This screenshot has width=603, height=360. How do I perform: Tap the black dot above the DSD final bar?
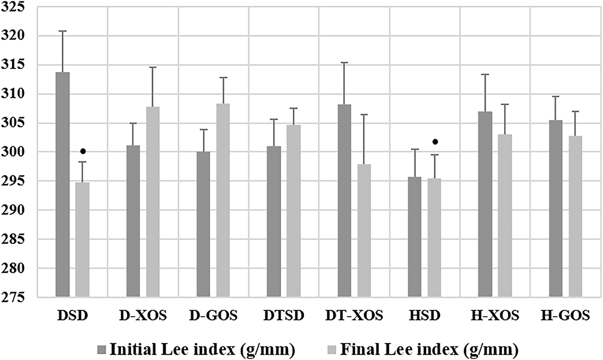(83, 151)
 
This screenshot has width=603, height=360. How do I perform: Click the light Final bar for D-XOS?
(153, 202)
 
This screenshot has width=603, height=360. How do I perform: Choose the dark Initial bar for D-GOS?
(203, 224)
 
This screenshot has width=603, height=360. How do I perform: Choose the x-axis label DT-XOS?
(354, 316)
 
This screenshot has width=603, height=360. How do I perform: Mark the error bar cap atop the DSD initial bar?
(62, 31)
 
